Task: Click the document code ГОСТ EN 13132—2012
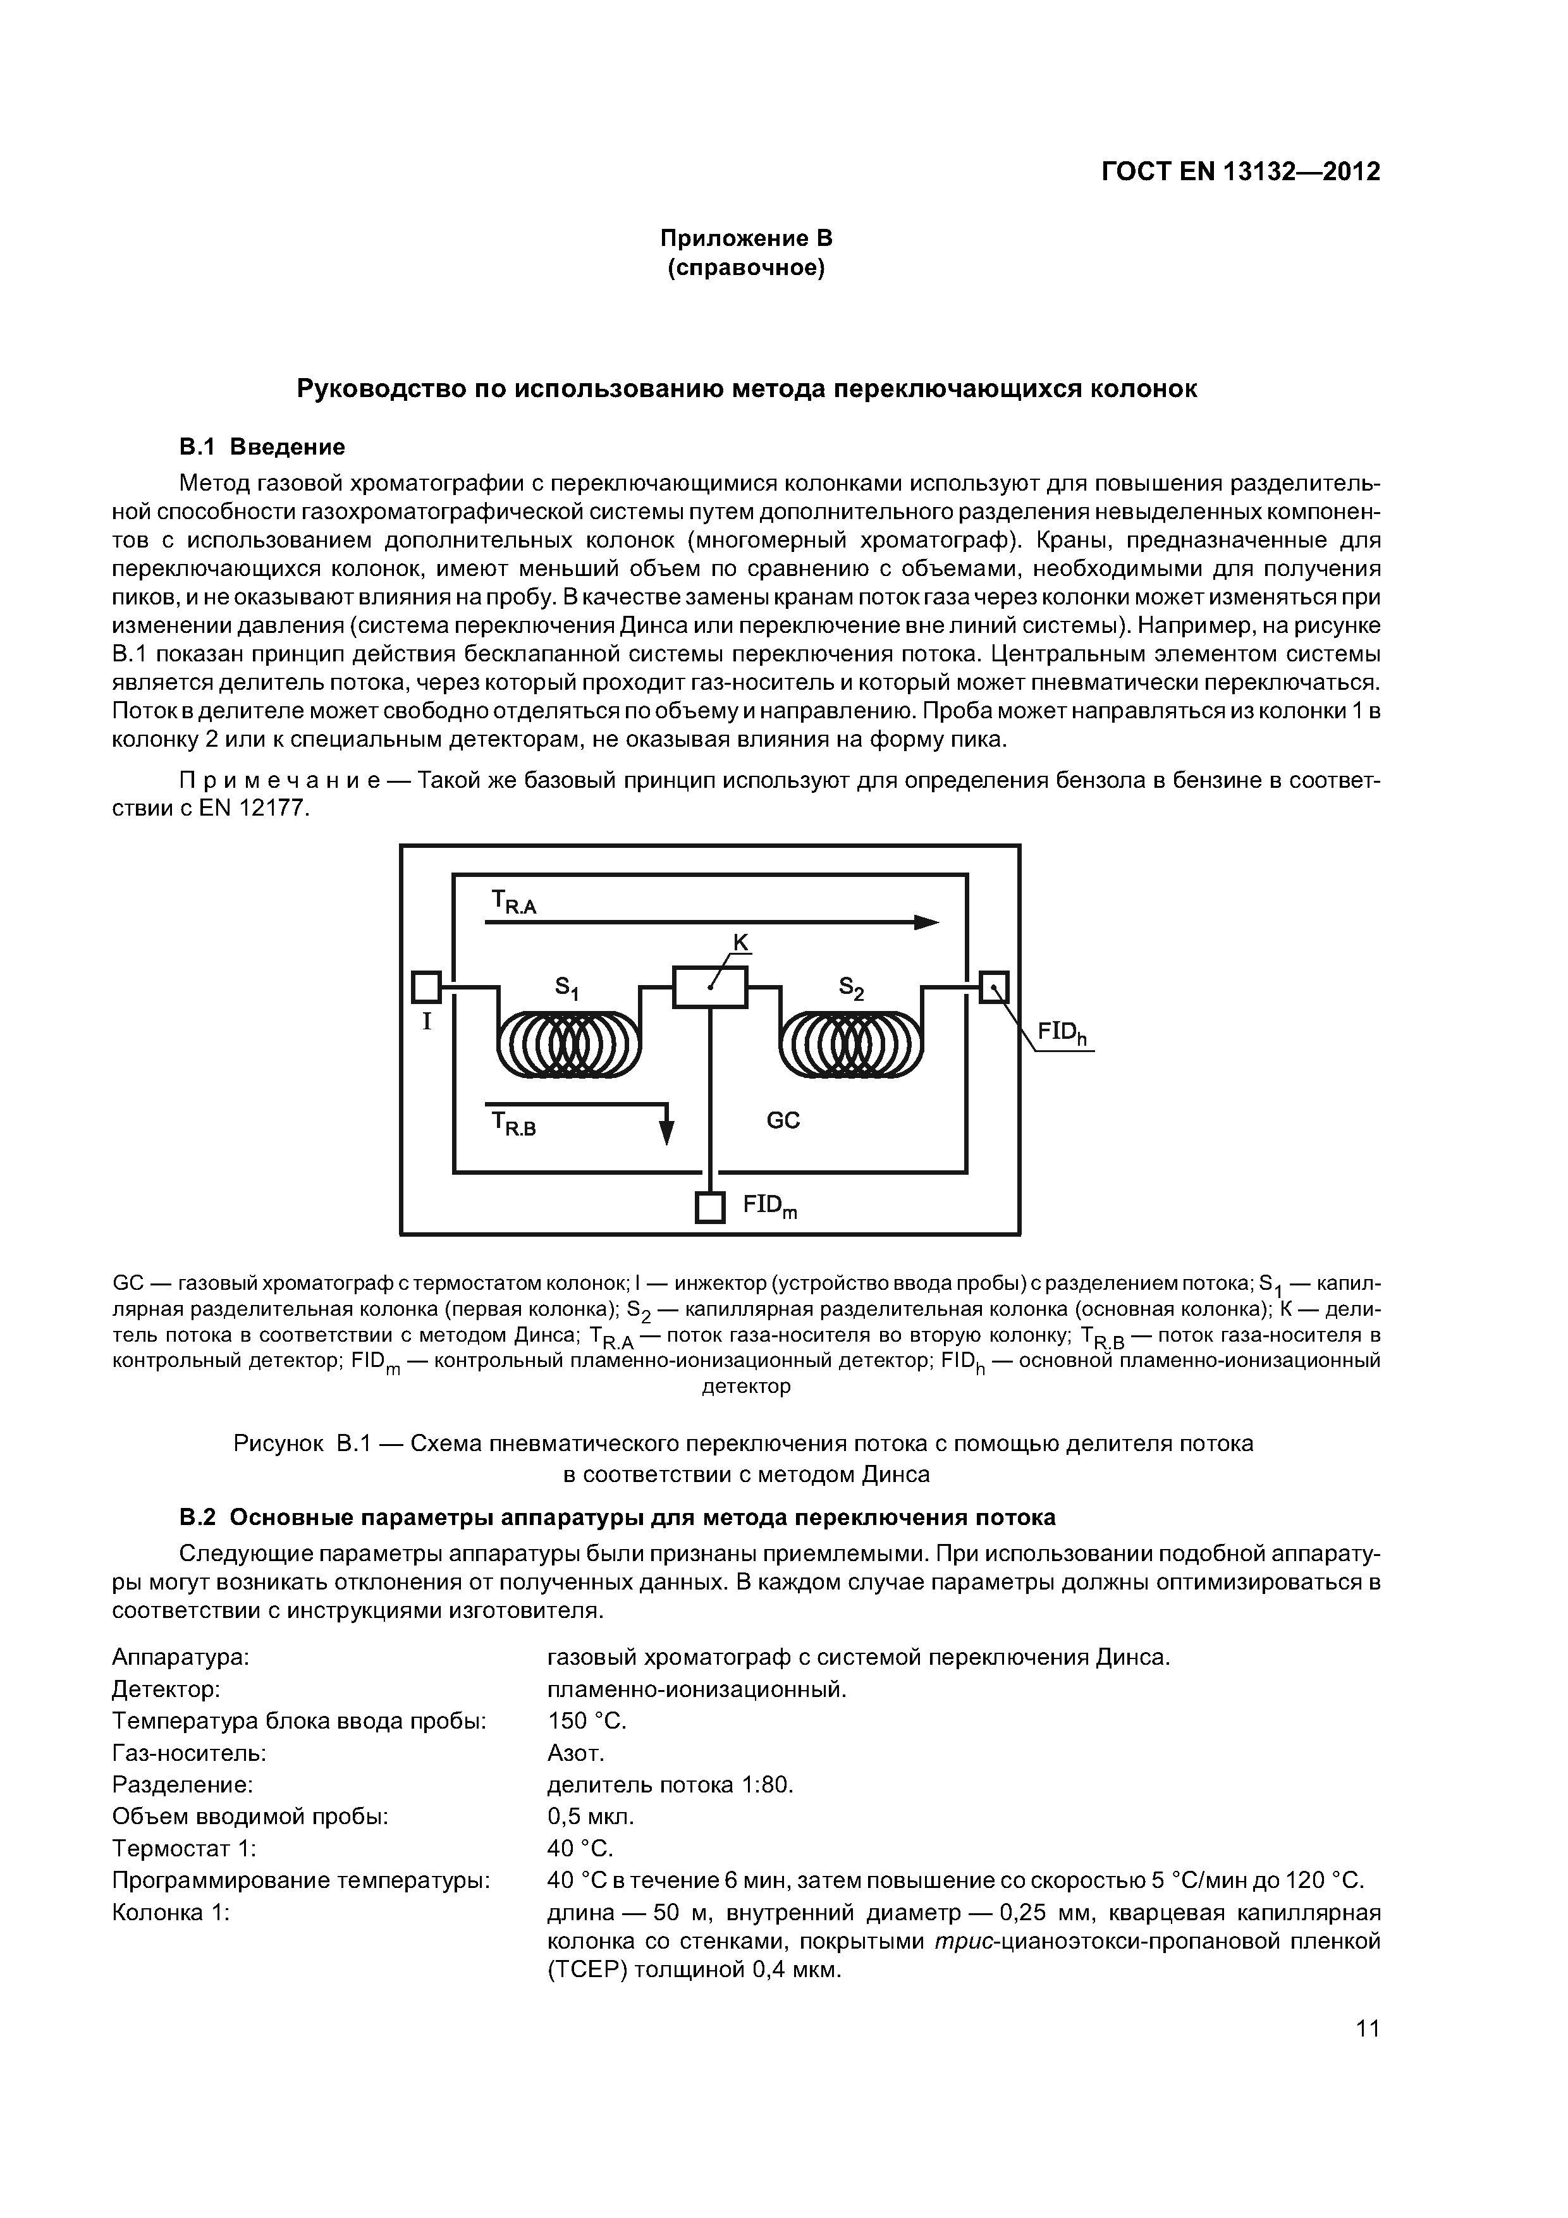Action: coord(1240,172)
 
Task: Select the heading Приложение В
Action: coord(746,238)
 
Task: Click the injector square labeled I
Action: coord(426,986)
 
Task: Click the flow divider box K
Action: coord(710,987)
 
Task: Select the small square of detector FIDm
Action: coord(710,1208)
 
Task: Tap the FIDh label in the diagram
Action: coord(1062,1034)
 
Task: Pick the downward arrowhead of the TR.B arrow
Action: coord(666,1132)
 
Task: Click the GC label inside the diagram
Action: coord(783,1120)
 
